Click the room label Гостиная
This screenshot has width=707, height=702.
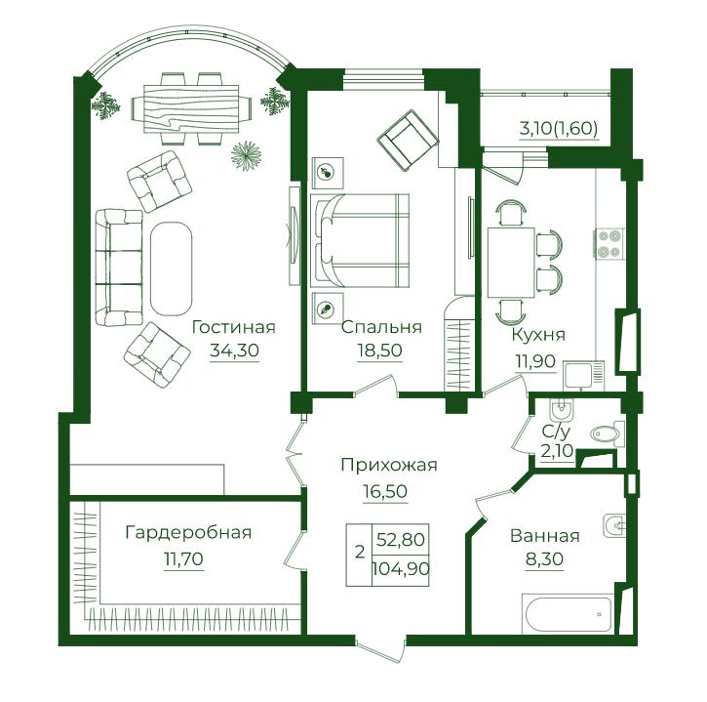click(x=234, y=327)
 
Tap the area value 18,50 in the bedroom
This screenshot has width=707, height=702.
click(x=379, y=351)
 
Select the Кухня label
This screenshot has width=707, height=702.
click(x=538, y=335)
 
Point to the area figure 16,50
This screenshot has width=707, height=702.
click(x=385, y=491)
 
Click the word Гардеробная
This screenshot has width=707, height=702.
click(x=188, y=533)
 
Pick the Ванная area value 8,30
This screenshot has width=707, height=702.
click(x=544, y=559)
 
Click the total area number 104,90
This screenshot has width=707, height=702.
click(x=401, y=569)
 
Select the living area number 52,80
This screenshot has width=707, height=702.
click(x=401, y=540)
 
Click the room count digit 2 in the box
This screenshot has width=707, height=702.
click(x=360, y=552)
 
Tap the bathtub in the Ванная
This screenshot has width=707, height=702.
click(x=568, y=614)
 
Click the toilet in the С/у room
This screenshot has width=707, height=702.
click(x=607, y=434)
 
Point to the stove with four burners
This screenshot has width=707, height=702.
click(x=609, y=244)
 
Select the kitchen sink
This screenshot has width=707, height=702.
click(x=583, y=376)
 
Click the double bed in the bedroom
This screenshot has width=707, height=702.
click(x=360, y=241)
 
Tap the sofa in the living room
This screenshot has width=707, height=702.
click(x=120, y=268)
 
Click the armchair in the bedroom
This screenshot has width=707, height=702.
click(x=408, y=141)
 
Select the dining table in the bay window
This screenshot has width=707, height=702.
click(x=191, y=109)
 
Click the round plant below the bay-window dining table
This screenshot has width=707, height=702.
click(x=246, y=156)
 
